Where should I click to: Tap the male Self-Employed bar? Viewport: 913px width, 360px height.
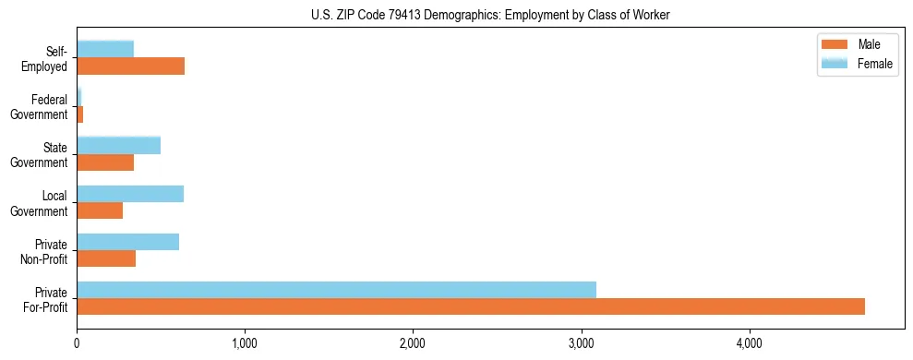[x=130, y=66]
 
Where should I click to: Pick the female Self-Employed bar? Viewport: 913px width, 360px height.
[x=105, y=49]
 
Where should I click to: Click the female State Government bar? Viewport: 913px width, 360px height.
[x=118, y=145]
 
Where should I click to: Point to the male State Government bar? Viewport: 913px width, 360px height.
[x=105, y=162]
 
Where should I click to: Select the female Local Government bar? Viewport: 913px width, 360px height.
[x=130, y=194]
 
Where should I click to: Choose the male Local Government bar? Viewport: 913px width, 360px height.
[x=100, y=210]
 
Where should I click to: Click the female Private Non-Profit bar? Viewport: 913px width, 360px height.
[x=127, y=242]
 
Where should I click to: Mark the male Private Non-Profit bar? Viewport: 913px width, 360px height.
[x=106, y=258]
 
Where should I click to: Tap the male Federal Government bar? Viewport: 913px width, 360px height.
[x=80, y=114]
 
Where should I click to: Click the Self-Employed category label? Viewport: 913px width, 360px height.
[x=46, y=58]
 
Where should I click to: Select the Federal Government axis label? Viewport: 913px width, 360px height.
[x=40, y=106]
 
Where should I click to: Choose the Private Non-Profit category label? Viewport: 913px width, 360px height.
[x=45, y=251]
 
